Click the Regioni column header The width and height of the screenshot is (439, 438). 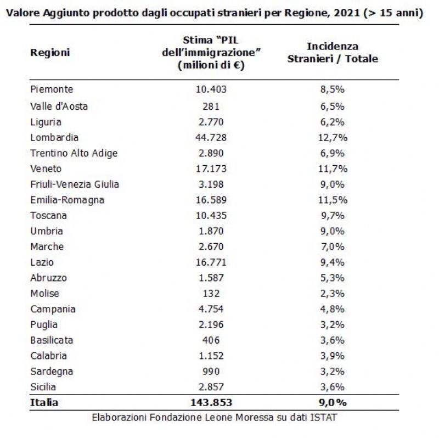click(50, 53)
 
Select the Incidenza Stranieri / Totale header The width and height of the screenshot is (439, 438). click(333, 52)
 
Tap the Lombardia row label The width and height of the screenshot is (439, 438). click(54, 138)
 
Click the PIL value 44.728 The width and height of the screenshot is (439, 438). click(211, 138)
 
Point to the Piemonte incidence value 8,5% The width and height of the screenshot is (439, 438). click(333, 89)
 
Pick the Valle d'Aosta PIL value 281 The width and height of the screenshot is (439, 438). click(211, 106)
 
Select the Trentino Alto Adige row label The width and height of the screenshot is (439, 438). click(74, 154)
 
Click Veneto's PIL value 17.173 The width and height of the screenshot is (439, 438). click(211, 169)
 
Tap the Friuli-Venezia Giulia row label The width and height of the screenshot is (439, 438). click(75, 184)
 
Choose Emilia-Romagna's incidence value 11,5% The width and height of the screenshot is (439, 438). click(333, 200)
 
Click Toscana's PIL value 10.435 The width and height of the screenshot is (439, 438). click(211, 216)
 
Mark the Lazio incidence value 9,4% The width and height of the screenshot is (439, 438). click(333, 262)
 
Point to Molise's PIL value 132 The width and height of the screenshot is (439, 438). click(211, 294)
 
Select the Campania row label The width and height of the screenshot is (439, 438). click(53, 310)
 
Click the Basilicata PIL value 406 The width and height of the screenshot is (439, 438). click(211, 340)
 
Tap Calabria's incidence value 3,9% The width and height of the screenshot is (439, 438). click(333, 356)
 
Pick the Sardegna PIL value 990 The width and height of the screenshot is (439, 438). click(211, 372)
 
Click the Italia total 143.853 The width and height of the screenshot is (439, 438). click(211, 403)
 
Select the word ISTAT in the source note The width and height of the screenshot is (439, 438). click(323, 418)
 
